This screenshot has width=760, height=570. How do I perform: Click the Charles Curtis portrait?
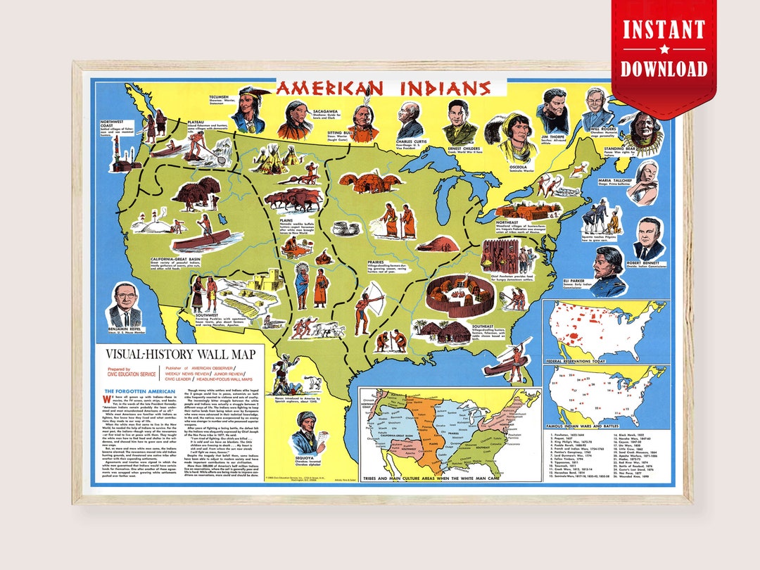pos(409,120)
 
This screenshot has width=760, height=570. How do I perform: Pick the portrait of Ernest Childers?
pos(460,122)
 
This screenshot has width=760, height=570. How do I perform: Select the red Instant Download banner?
pos(663,49)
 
